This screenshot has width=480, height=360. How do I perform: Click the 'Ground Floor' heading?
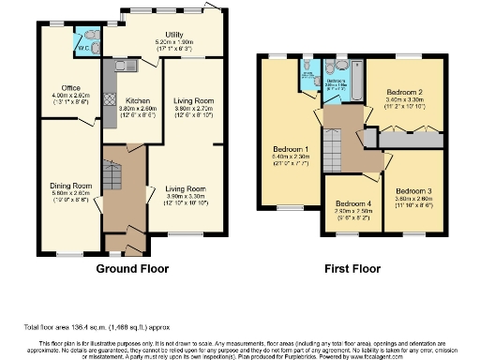[132, 268]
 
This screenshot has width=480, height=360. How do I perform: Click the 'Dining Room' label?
[69, 186]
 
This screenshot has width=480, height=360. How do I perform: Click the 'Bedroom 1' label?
[292, 149]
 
